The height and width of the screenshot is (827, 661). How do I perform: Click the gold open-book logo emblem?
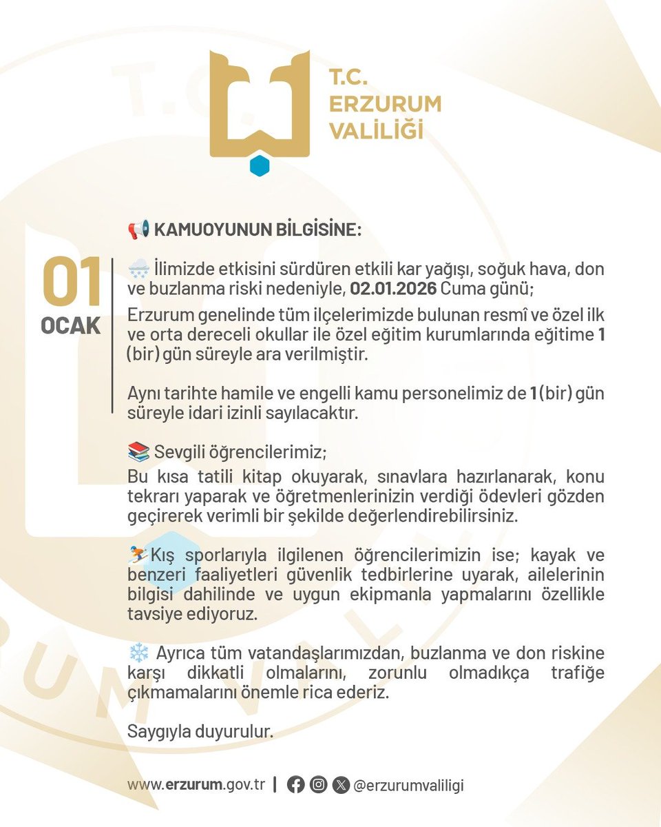coord(260,103)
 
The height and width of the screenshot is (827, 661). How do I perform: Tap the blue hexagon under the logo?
coord(260,166)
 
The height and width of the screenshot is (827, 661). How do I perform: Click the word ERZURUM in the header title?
coord(385,104)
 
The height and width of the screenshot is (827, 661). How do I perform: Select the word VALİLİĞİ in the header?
coord(376,130)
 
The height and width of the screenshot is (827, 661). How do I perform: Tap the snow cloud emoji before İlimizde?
coord(138,268)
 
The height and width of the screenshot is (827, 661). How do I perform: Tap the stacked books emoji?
coord(138,453)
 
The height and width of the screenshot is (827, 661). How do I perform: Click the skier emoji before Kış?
coord(138,553)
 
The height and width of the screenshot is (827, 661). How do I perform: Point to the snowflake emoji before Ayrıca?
coord(138,652)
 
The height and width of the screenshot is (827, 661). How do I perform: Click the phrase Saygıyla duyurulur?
coord(200,733)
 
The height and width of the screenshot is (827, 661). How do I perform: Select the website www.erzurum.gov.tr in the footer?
coord(196,786)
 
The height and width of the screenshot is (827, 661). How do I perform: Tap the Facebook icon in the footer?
coord(296,786)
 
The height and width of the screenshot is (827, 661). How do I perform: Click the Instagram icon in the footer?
coord(318,786)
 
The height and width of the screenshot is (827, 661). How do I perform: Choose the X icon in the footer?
coord(340,786)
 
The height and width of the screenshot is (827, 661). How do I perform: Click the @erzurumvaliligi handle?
coord(408,786)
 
